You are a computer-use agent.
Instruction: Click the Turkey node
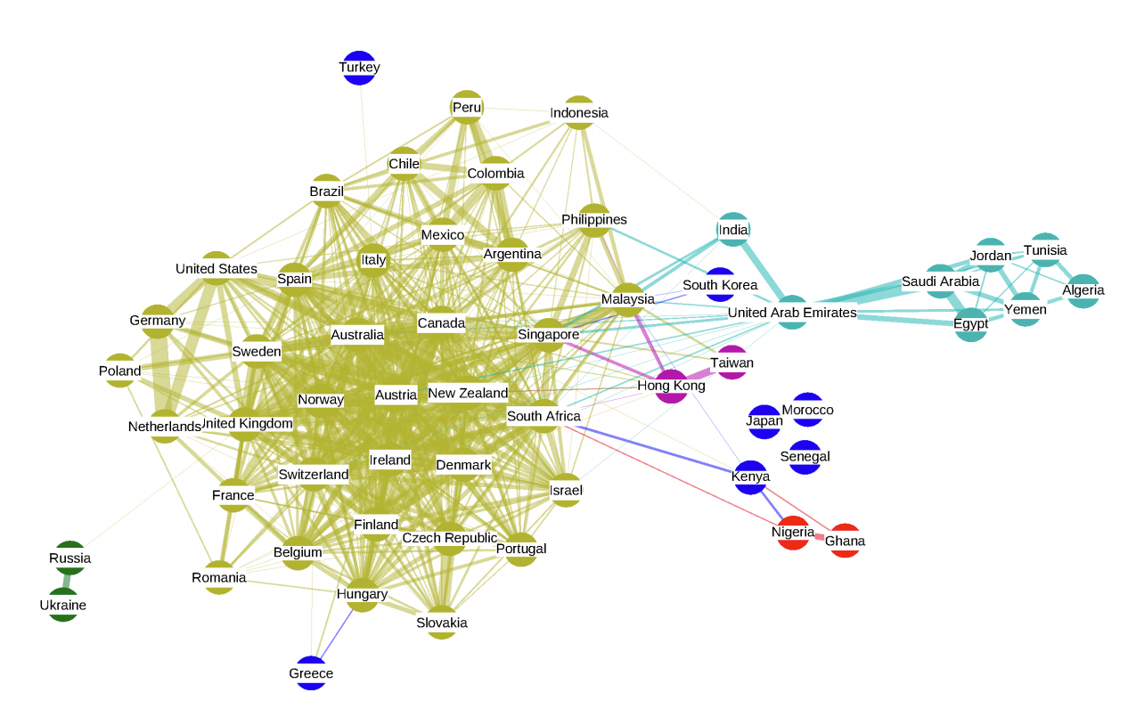point(359,68)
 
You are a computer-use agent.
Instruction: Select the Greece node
point(311,674)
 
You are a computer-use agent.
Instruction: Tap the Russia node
point(69,558)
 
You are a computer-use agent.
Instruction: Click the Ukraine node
point(63,606)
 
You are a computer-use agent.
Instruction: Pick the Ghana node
point(845,541)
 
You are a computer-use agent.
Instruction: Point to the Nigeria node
point(793,533)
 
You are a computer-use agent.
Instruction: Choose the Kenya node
point(750,477)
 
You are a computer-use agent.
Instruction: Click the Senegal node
point(805,457)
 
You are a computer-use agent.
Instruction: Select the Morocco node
point(807,410)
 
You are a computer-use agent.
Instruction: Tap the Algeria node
point(1083,290)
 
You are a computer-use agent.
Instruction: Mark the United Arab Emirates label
point(792,313)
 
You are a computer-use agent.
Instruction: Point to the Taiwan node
point(731,363)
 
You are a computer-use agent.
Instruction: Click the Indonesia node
point(579,112)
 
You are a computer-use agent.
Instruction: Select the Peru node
point(467,108)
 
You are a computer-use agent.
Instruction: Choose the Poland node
point(120,371)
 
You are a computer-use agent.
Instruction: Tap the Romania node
point(219,578)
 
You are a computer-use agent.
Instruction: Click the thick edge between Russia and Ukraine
point(67,582)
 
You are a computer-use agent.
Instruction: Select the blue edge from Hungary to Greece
point(337,634)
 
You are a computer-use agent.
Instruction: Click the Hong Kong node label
point(671,386)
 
